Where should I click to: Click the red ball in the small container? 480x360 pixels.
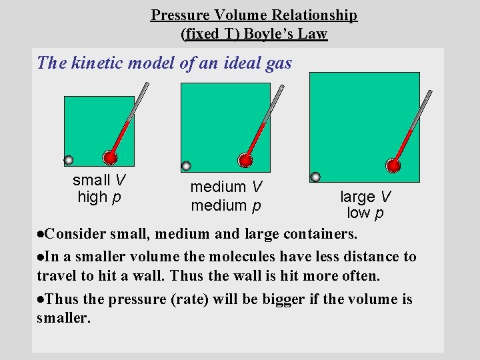[x=110, y=158]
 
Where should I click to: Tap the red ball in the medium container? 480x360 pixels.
[x=246, y=160]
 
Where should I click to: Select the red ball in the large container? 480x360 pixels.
[x=394, y=165]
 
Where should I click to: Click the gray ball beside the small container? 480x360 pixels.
[x=68, y=160]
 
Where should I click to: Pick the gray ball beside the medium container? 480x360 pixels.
[x=187, y=166]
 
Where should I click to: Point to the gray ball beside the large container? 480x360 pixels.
[x=315, y=177]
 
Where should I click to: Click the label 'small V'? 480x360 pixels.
[x=99, y=180]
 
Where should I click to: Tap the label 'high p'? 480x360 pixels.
[x=99, y=197]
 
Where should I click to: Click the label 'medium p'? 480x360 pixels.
[x=225, y=205]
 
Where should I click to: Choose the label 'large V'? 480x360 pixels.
[x=365, y=197]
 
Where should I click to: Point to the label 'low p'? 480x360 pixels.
[x=365, y=213]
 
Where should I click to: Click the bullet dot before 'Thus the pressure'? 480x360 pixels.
[x=41, y=299]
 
